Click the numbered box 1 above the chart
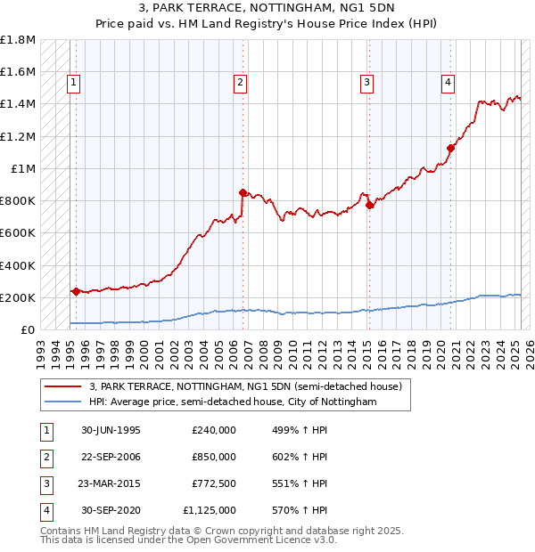(x=73, y=84)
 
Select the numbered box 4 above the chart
(x=448, y=84)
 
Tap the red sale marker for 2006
(x=243, y=192)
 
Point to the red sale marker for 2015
(x=369, y=206)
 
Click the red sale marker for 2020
(x=451, y=149)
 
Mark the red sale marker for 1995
(x=76, y=291)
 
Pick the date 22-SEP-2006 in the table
(x=112, y=457)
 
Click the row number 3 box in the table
(x=45, y=483)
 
